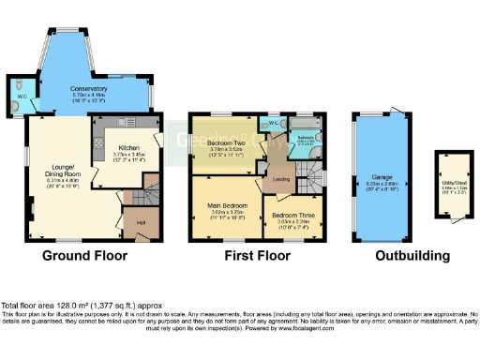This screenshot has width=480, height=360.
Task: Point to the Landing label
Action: (x=279, y=178)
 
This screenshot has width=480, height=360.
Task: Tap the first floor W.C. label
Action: (x=274, y=123)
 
